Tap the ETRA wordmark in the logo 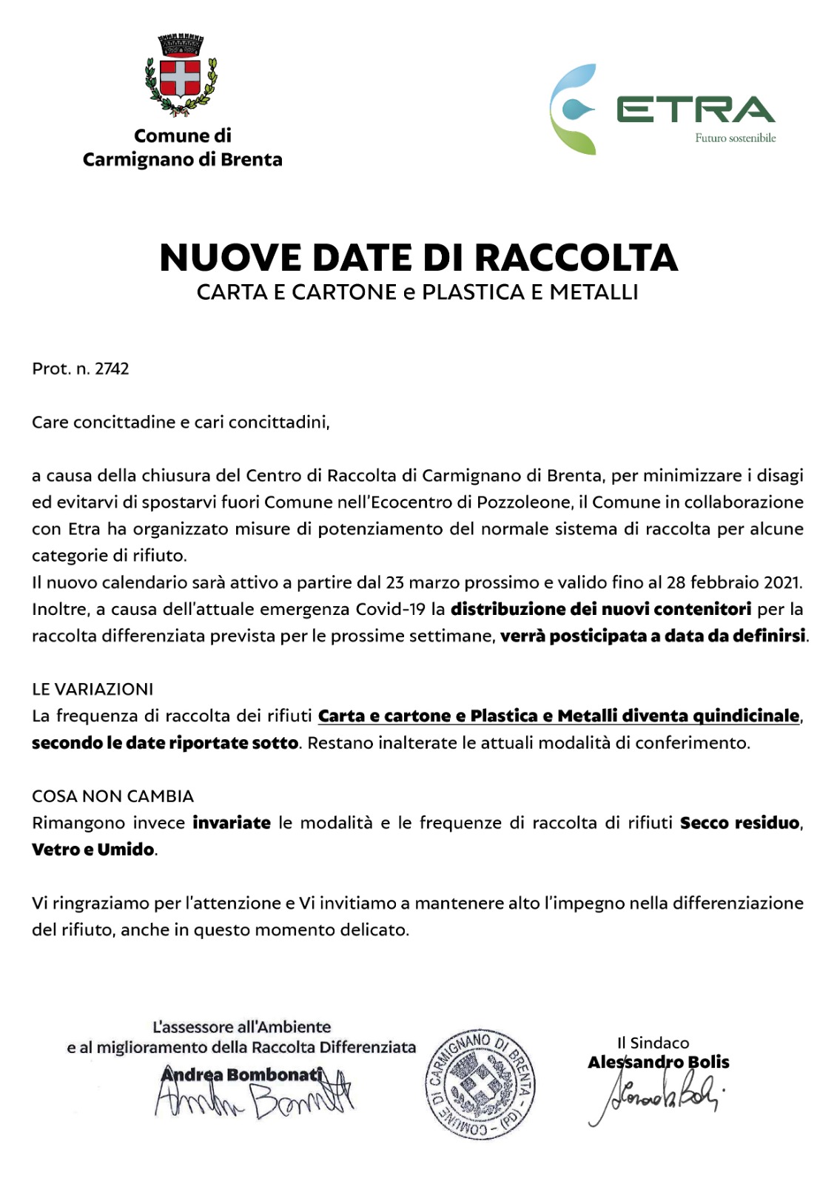tap(695, 110)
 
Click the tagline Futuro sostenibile tap(735, 138)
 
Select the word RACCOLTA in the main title tap(576, 258)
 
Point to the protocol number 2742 tap(112, 369)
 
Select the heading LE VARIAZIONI tap(93, 689)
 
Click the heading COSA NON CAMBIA tap(112, 796)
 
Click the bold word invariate tap(232, 823)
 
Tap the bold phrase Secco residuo tap(739, 823)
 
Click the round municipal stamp tap(480, 1084)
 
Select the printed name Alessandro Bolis tap(658, 1063)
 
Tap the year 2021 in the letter tap(781, 582)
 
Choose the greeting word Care tap(50, 423)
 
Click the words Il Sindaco tap(653, 1043)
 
